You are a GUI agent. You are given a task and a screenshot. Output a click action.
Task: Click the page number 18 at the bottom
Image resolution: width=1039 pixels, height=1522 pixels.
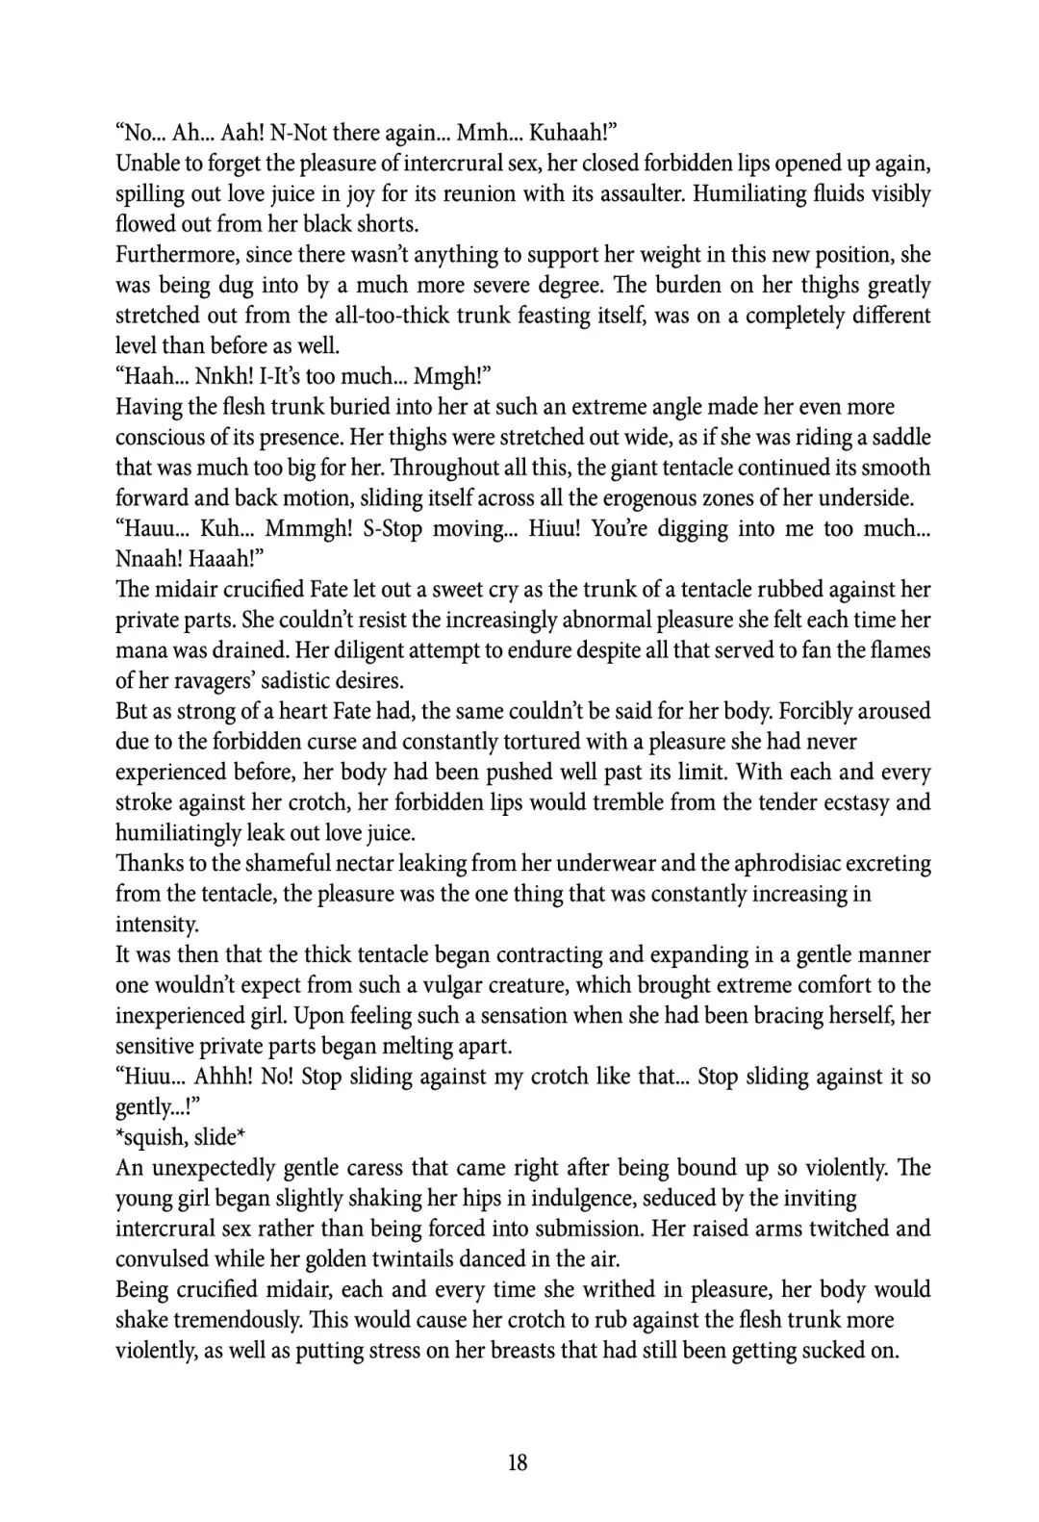518,1462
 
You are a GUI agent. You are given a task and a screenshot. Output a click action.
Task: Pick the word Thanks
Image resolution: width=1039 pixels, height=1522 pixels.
148,864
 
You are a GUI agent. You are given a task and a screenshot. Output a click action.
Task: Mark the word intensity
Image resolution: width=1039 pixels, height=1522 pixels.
157,925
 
